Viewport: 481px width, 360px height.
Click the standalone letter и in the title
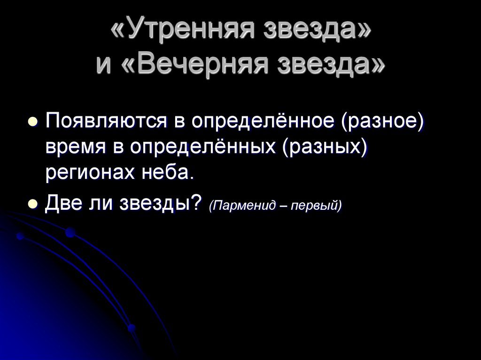coord(105,65)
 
